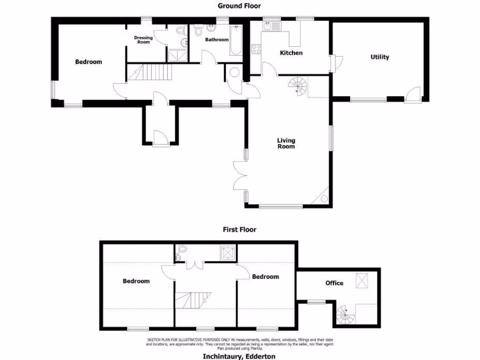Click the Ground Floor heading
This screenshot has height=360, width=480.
pos(239,6)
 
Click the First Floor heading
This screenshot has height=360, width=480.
pos(239,230)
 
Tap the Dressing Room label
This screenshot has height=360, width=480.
pos(143,40)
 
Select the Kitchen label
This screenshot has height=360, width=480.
pos(291,53)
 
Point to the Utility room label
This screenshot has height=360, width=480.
pos(380,57)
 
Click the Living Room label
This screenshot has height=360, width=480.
pos(286,143)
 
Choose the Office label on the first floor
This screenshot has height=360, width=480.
pos(334,283)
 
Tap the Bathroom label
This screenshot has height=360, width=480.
pos(217,40)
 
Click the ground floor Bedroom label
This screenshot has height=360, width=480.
pos(89,62)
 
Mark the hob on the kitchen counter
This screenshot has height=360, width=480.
pos(256,49)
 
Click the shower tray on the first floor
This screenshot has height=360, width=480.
pos(228,253)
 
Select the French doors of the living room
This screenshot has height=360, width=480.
pos(240,176)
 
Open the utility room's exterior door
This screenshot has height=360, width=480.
pos(412,95)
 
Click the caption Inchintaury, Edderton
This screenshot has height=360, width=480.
pos(239,356)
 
